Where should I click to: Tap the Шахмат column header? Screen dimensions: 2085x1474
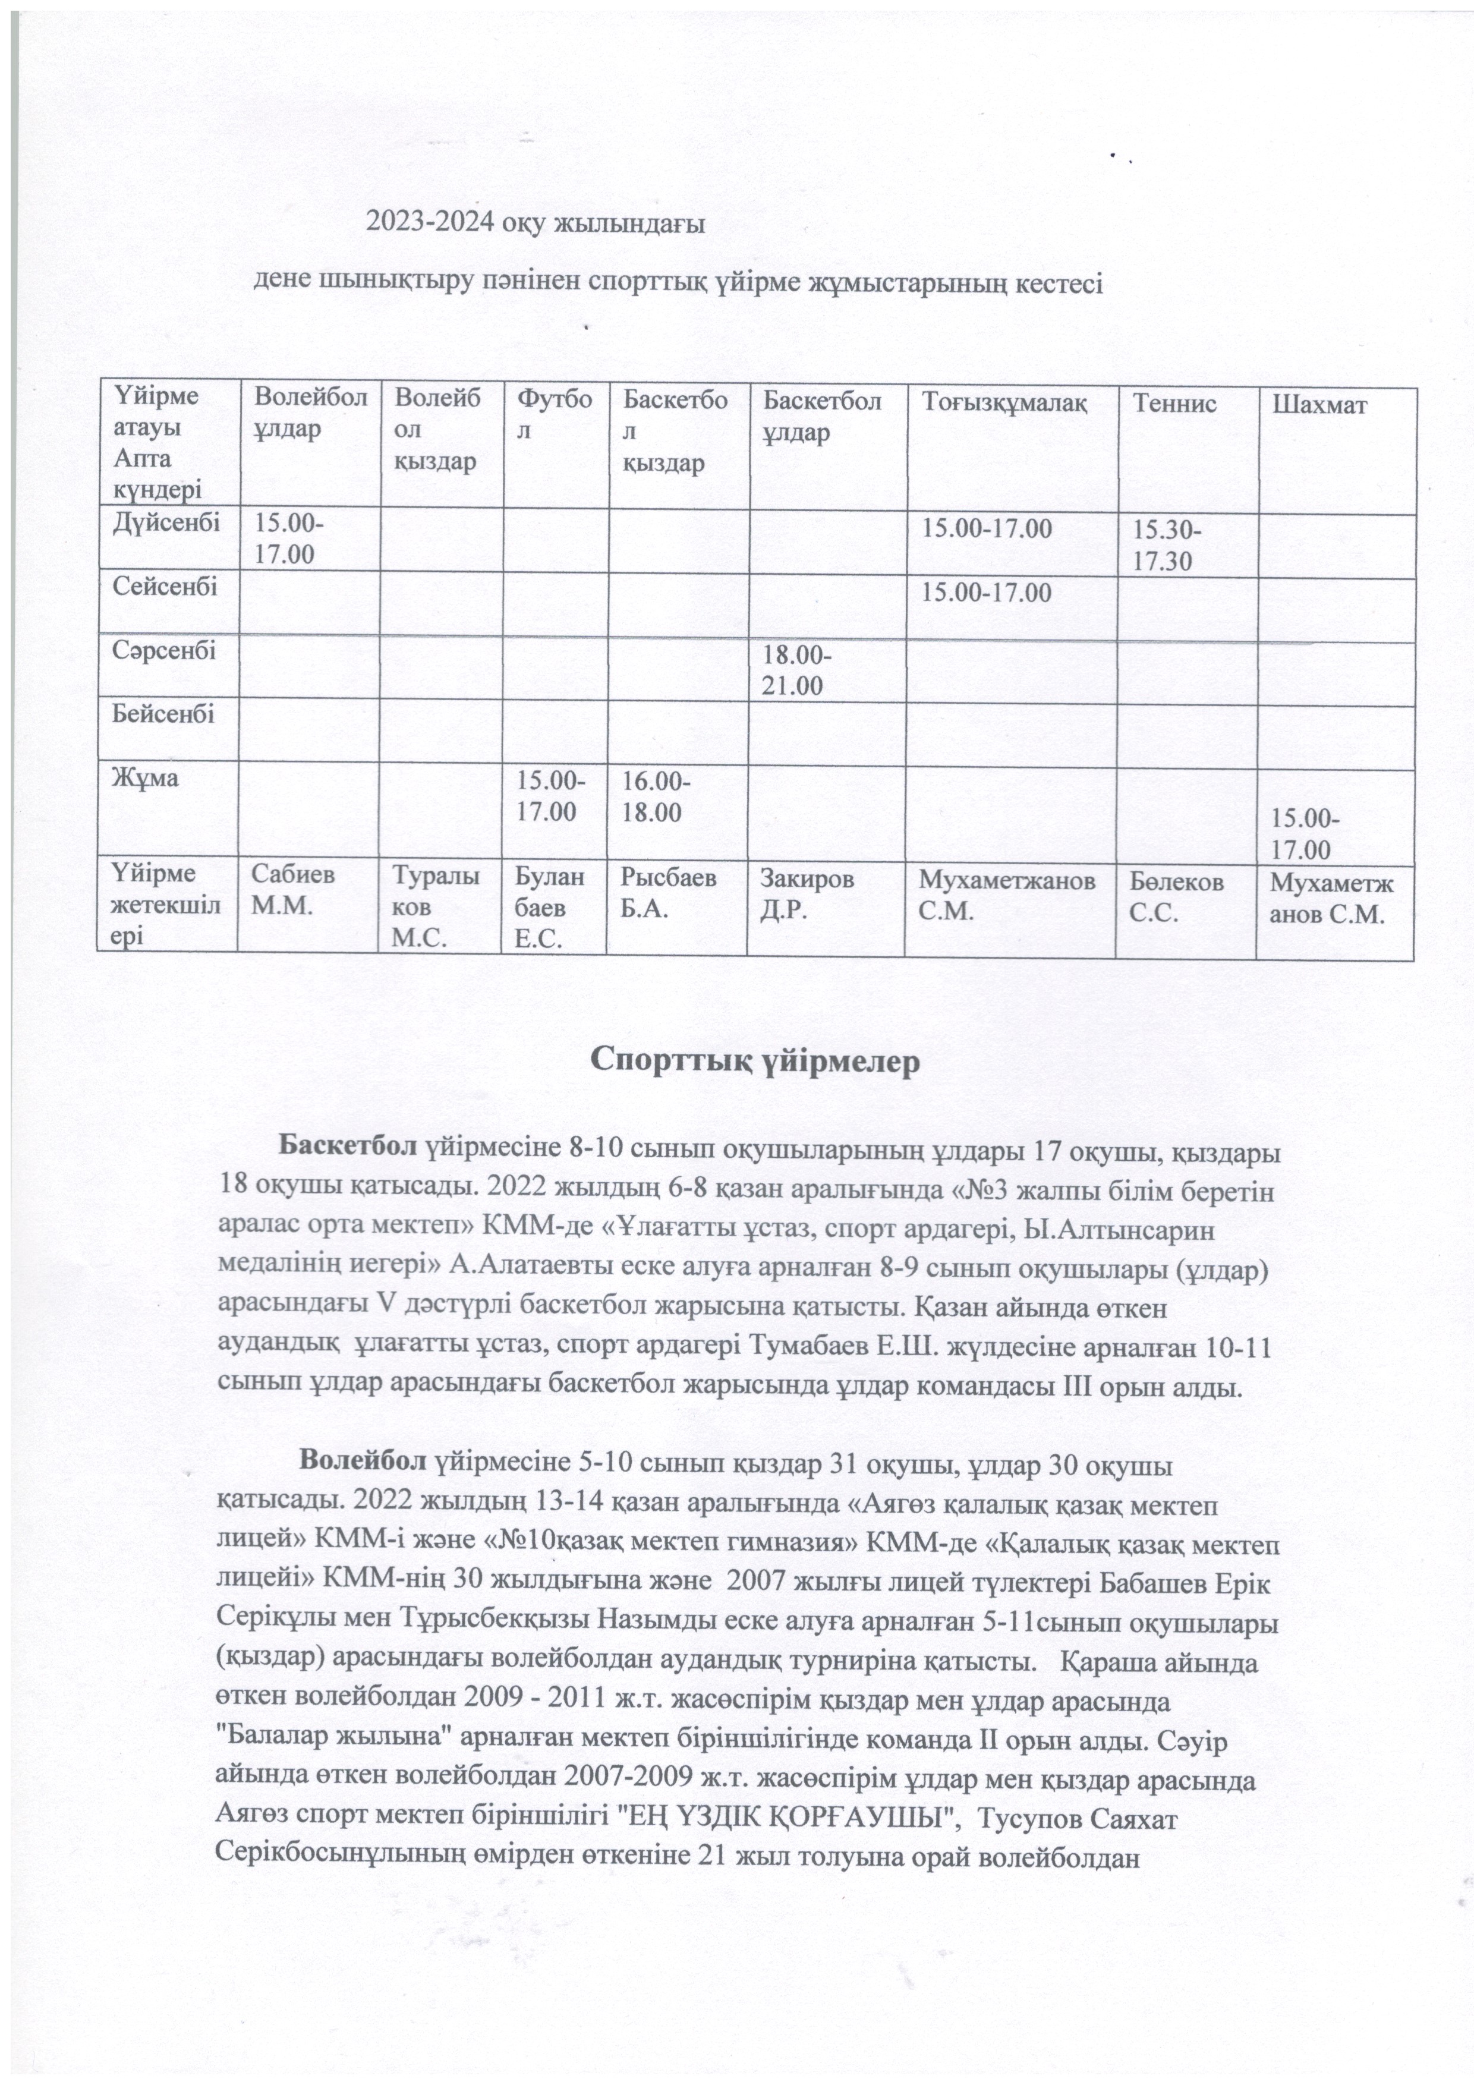(x=1319, y=405)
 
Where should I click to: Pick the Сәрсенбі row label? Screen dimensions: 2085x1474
(x=163, y=650)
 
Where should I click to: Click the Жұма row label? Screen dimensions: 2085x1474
(x=145, y=778)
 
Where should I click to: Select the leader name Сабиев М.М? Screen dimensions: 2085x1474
(x=292, y=892)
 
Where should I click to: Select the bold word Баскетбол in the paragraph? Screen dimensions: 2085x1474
(x=349, y=1149)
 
